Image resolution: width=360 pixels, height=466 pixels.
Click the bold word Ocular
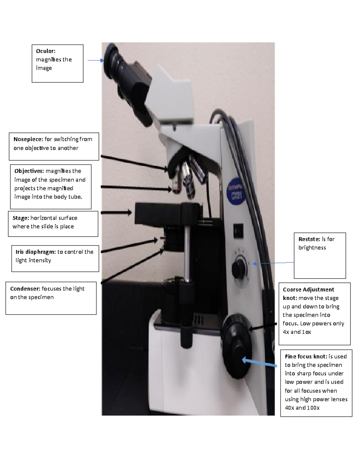click(45, 51)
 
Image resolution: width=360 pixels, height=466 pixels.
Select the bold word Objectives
click(29, 171)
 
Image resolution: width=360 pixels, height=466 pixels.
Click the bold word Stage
click(20, 218)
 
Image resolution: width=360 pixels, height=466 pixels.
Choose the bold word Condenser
click(25, 289)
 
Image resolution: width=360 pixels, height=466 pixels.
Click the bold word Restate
click(309, 239)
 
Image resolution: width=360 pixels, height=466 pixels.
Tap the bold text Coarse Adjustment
click(308, 290)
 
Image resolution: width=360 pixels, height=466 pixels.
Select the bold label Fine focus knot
click(306, 356)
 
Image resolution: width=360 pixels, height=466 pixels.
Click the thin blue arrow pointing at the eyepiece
click(95, 60)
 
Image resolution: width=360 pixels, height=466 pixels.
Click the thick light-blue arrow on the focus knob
click(259, 362)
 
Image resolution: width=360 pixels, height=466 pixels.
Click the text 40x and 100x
click(302, 408)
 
